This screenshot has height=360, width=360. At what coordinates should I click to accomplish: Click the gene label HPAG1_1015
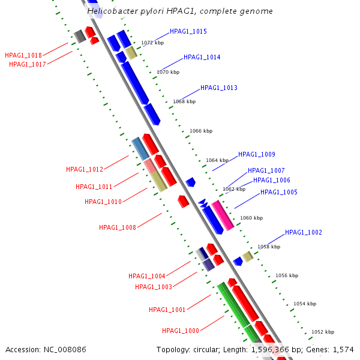click(x=188, y=31)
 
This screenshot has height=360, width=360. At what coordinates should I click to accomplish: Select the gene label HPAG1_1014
click(x=202, y=58)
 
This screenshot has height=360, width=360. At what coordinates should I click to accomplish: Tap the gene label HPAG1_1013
click(x=218, y=88)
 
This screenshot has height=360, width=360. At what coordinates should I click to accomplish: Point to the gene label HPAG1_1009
click(x=256, y=155)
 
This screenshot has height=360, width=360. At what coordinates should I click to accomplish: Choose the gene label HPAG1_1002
click(x=303, y=232)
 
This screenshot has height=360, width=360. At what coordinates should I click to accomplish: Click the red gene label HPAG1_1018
click(x=23, y=55)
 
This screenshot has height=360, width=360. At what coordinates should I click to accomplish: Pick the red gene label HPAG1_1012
click(x=85, y=170)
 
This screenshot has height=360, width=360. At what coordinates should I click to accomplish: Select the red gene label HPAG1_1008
click(x=118, y=227)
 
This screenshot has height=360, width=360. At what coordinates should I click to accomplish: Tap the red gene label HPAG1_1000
click(x=180, y=331)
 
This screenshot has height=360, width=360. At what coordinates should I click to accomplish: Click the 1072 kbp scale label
click(x=152, y=43)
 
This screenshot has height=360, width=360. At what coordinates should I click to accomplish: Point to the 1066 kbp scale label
click(x=200, y=131)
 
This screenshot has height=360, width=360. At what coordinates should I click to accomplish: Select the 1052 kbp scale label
click(x=323, y=332)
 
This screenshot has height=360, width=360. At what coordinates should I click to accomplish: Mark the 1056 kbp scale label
click(x=287, y=276)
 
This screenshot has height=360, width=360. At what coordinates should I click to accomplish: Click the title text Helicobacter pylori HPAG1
click(x=180, y=11)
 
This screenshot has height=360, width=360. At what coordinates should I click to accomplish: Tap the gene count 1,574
click(x=343, y=349)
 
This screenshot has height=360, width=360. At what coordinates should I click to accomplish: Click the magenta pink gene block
click(x=222, y=215)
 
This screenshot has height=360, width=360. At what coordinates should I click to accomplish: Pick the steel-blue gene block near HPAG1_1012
click(x=140, y=148)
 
